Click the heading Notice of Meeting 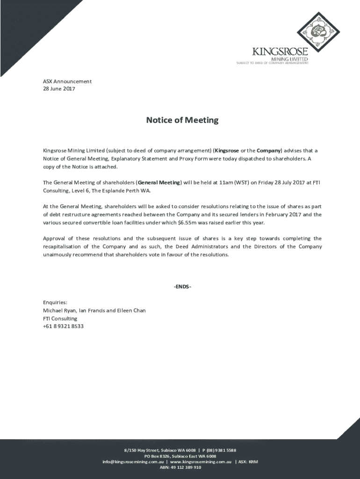tap(182, 120)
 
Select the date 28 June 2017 tap(59, 89)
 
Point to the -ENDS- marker tap(182, 286)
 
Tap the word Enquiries tap(55, 302)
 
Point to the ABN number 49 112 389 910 tap(186, 467)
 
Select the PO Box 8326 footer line tap(180, 456)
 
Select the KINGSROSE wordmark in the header tap(280, 51)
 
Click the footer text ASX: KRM tap(248, 461)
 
